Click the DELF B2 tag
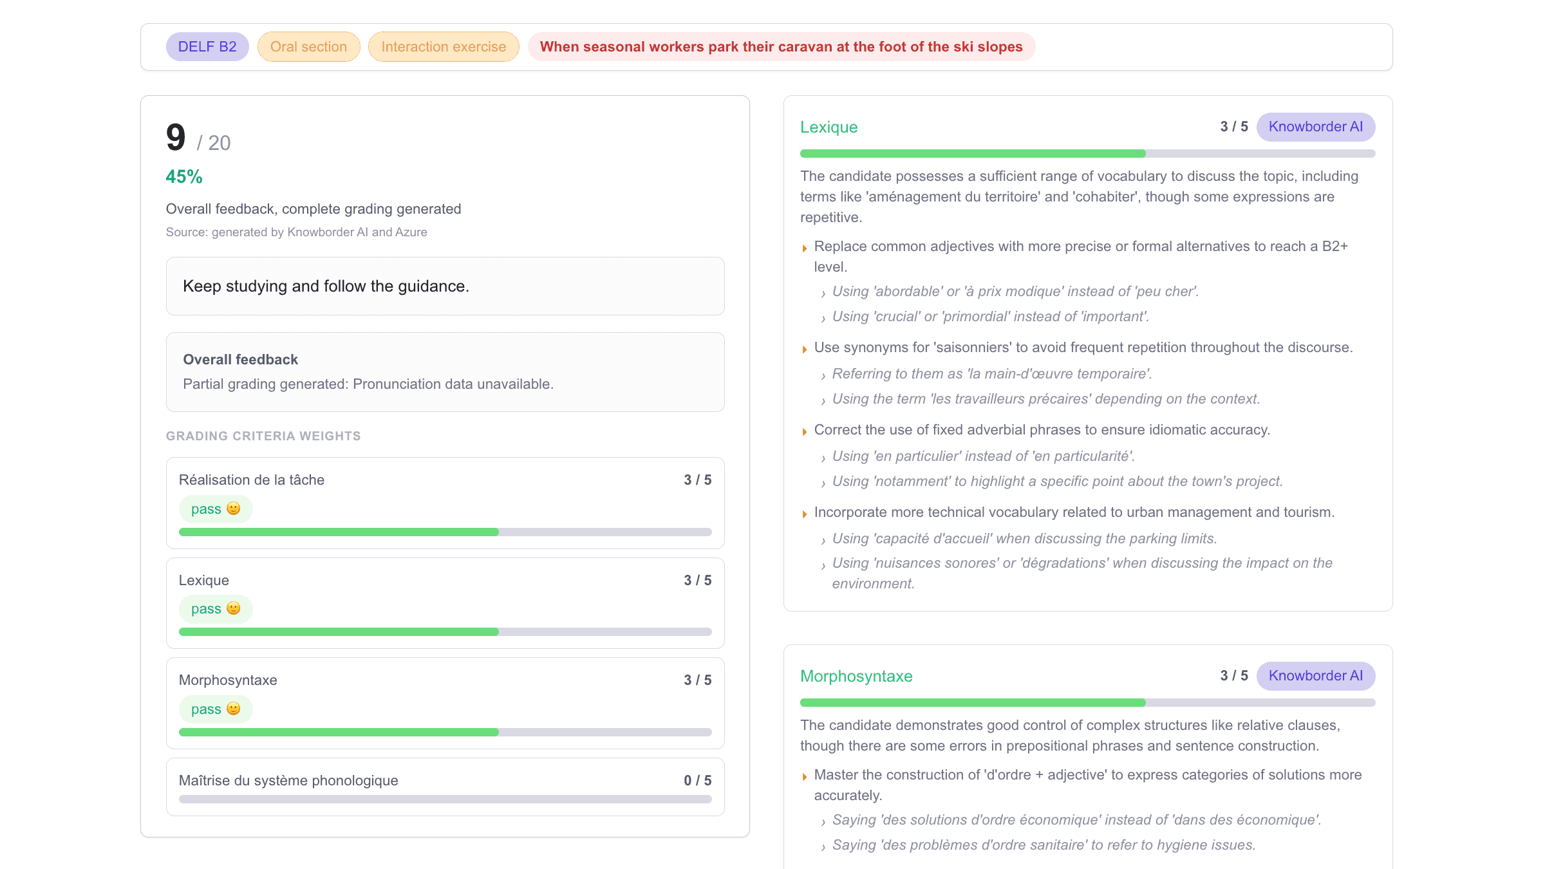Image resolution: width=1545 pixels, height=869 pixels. (207, 47)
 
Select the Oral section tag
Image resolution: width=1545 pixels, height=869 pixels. (308, 47)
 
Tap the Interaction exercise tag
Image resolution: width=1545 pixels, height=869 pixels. (444, 47)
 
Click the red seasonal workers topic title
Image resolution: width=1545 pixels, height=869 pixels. (781, 47)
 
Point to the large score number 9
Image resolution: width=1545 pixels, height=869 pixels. (176, 138)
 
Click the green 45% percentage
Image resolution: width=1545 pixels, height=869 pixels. (184, 177)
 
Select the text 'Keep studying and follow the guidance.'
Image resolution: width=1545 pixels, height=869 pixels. (326, 286)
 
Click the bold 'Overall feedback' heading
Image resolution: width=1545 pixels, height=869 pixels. (240, 360)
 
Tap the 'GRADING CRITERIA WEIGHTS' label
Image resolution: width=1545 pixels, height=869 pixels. (263, 436)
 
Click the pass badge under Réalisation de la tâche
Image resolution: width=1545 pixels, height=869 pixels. (216, 509)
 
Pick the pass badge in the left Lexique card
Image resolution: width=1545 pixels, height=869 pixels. (216, 609)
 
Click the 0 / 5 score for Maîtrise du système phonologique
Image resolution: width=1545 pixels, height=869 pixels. (697, 781)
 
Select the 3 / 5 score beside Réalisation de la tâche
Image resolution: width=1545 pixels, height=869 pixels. (697, 480)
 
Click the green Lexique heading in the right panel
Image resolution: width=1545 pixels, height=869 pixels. (829, 127)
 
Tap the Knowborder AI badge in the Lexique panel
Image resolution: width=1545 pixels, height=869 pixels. (1315, 127)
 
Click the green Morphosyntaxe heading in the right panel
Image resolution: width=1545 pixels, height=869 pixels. (856, 677)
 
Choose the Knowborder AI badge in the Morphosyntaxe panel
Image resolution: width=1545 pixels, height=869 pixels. (1315, 676)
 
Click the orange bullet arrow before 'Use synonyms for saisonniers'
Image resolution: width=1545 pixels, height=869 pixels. (805, 350)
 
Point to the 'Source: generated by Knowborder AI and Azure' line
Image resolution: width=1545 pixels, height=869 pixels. (296, 232)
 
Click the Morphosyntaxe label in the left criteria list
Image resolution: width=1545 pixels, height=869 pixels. (228, 680)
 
